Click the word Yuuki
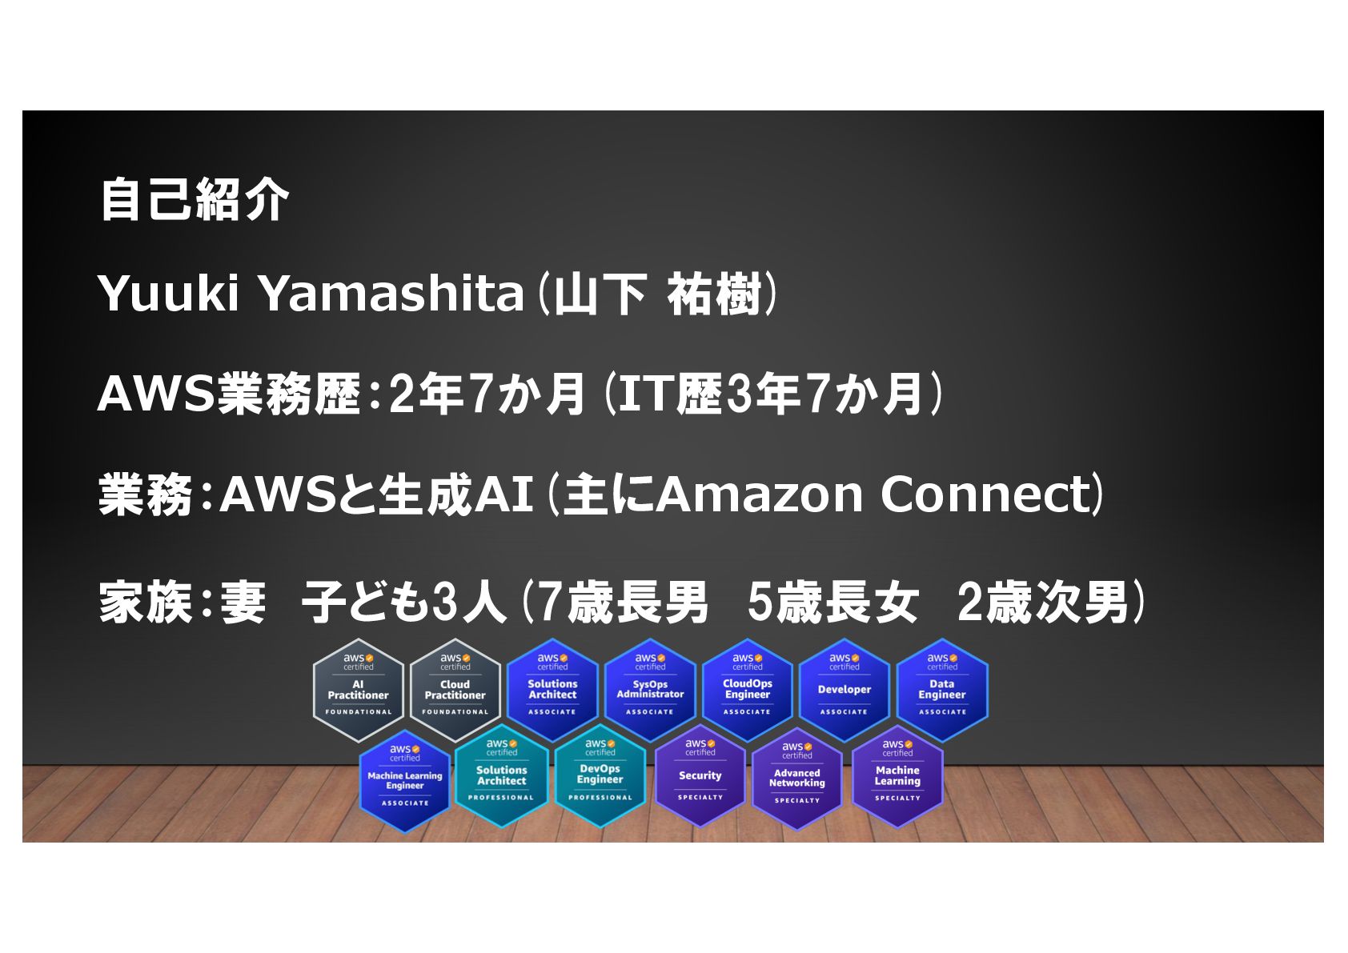click(x=168, y=294)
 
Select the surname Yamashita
click(x=391, y=294)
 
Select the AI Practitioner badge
click(x=358, y=691)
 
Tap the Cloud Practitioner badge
click(x=455, y=691)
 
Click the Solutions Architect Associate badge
click(x=552, y=690)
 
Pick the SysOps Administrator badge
click(x=650, y=690)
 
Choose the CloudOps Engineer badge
click(x=747, y=690)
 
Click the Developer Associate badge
click(x=845, y=690)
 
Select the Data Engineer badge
click(x=942, y=690)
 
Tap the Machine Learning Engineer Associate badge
click(x=405, y=780)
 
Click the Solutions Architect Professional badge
click(x=501, y=775)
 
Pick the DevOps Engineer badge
click(x=600, y=775)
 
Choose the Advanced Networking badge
click(x=797, y=779)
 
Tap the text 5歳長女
click(x=832, y=603)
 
